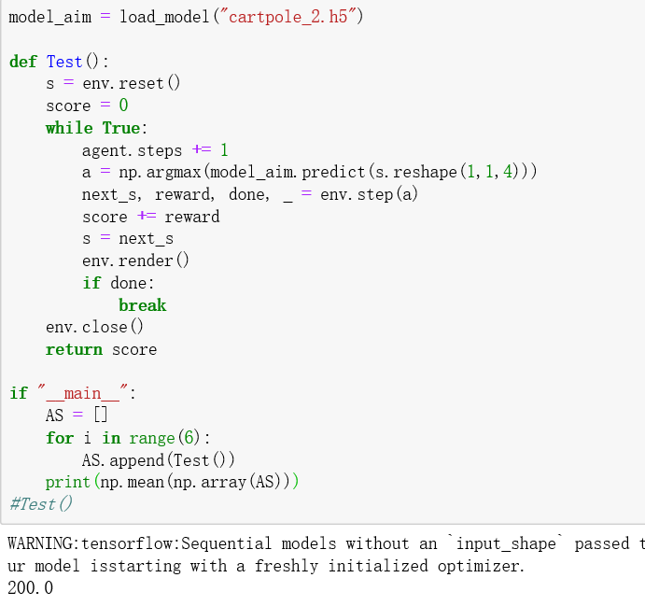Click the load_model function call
tap(164, 18)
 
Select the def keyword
tap(22, 62)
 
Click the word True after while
tap(120, 128)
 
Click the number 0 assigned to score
tap(123, 106)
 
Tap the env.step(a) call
tap(370, 194)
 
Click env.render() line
tap(135, 261)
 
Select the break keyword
tap(142, 305)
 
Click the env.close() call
tap(95, 327)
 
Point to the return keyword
tap(74, 349)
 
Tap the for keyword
tap(59, 438)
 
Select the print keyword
tap(68, 482)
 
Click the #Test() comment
tap(41, 504)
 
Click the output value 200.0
tap(31, 588)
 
